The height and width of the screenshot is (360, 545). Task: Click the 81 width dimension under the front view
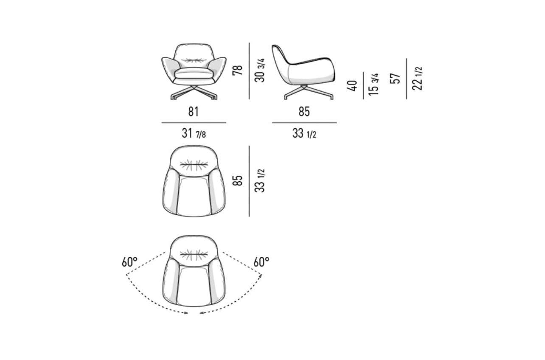click(194, 112)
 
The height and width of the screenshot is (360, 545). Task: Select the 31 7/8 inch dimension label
click(194, 134)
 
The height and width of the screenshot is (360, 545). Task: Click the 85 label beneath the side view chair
click(304, 112)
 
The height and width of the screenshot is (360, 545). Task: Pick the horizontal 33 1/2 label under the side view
click(304, 134)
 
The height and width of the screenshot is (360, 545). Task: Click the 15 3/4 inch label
click(374, 85)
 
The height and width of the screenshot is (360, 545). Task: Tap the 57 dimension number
click(395, 79)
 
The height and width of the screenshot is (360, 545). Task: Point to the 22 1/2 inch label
click(418, 79)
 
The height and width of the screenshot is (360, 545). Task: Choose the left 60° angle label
click(130, 262)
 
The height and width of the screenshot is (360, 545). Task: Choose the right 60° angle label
click(261, 262)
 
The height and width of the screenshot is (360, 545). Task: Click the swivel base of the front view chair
click(194, 93)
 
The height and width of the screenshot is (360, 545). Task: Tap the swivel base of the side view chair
click(303, 93)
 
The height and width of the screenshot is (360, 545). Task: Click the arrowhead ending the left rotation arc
click(187, 313)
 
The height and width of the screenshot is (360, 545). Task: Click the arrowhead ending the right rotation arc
click(201, 313)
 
